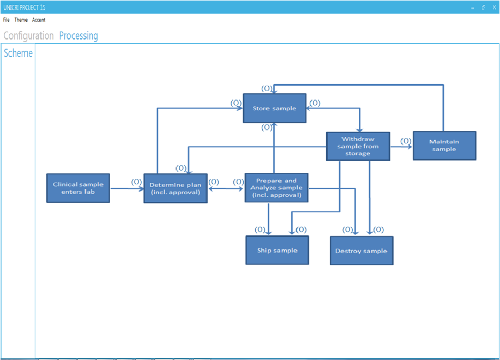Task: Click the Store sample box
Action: (274, 109)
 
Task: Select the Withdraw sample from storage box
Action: (358, 146)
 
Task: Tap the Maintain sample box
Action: (444, 146)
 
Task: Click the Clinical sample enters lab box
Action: (78, 188)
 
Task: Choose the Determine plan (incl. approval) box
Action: (175, 188)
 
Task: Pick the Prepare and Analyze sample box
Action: (276, 188)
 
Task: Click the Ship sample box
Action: (277, 250)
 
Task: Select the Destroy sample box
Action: (361, 251)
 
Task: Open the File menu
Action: (7, 20)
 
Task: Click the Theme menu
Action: (21, 20)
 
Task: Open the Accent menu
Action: (39, 20)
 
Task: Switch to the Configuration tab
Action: (28, 36)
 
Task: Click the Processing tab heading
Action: (79, 36)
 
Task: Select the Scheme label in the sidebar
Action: (18, 53)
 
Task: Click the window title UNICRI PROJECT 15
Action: (24, 7)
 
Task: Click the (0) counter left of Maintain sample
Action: (406, 141)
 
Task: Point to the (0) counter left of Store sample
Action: (236, 103)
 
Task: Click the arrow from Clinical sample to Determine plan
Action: (126, 189)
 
